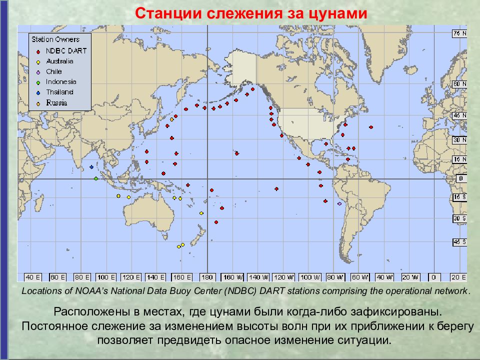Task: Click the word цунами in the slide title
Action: point(337,13)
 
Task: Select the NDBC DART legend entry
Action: point(66,51)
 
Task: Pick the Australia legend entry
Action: point(59,61)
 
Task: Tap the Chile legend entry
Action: point(53,71)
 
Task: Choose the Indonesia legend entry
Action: point(61,81)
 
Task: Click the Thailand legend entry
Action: point(59,92)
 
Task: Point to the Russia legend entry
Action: point(56,103)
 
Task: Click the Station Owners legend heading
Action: point(55,39)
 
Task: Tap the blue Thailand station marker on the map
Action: point(91,167)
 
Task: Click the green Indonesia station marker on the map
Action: point(95,178)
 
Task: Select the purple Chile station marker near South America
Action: point(340,204)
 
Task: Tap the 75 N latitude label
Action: point(459,33)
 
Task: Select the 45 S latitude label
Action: point(459,242)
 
